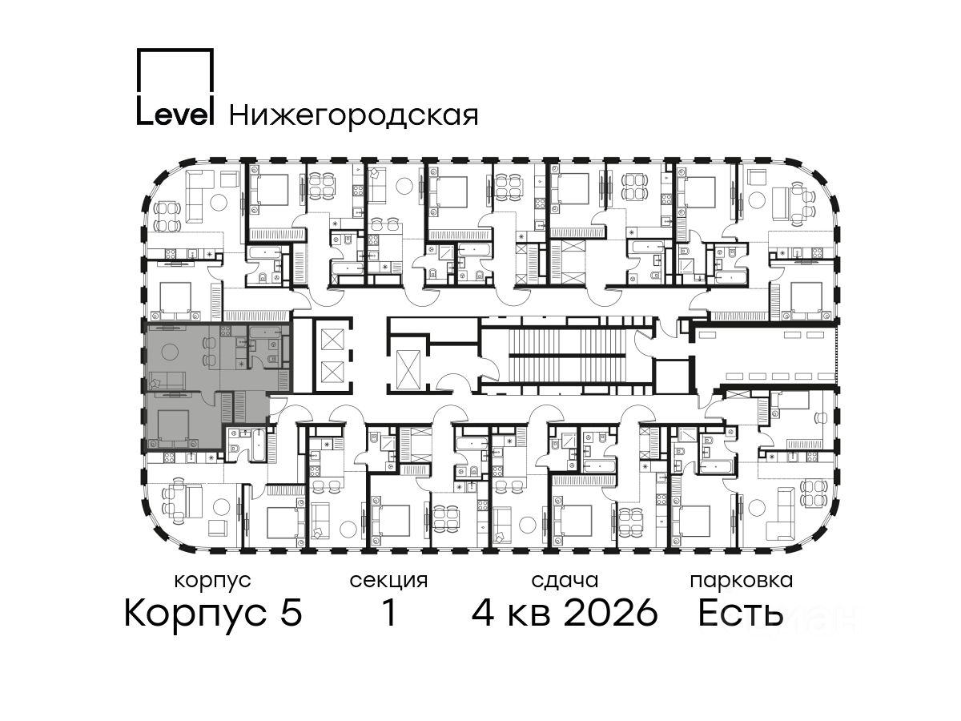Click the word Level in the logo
pyautogui.click(x=175, y=114)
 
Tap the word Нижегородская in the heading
pyautogui.click(x=354, y=115)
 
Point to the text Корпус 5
pyautogui.click(x=213, y=613)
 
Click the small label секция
pyautogui.click(x=388, y=581)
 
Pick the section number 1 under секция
pyautogui.click(x=389, y=613)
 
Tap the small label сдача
pyautogui.click(x=565, y=581)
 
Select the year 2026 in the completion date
pyautogui.click(x=611, y=613)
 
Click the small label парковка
pyautogui.click(x=742, y=581)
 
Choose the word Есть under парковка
pyautogui.click(x=740, y=613)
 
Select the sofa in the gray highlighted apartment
pyautogui.click(x=167, y=380)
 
